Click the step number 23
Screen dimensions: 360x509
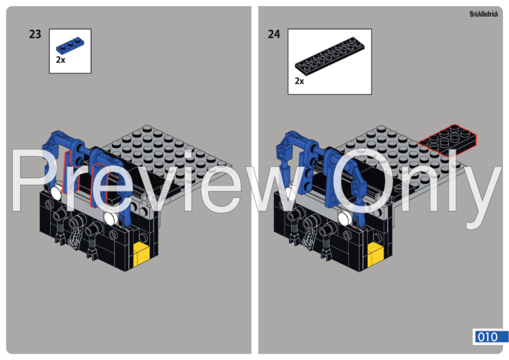[x=35, y=34]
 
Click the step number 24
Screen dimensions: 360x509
[x=274, y=34]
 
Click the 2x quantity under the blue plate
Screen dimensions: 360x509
[x=60, y=60]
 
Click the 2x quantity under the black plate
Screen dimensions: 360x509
[x=300, y=80]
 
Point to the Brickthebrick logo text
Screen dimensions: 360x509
[x=483, y=14]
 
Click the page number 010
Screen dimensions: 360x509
[x=487, y=337]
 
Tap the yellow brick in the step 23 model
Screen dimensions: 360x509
[x=142, y=252]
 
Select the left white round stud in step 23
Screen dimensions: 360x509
[x=56, y=192]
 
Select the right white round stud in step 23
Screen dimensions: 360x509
[x=111, y=217]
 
